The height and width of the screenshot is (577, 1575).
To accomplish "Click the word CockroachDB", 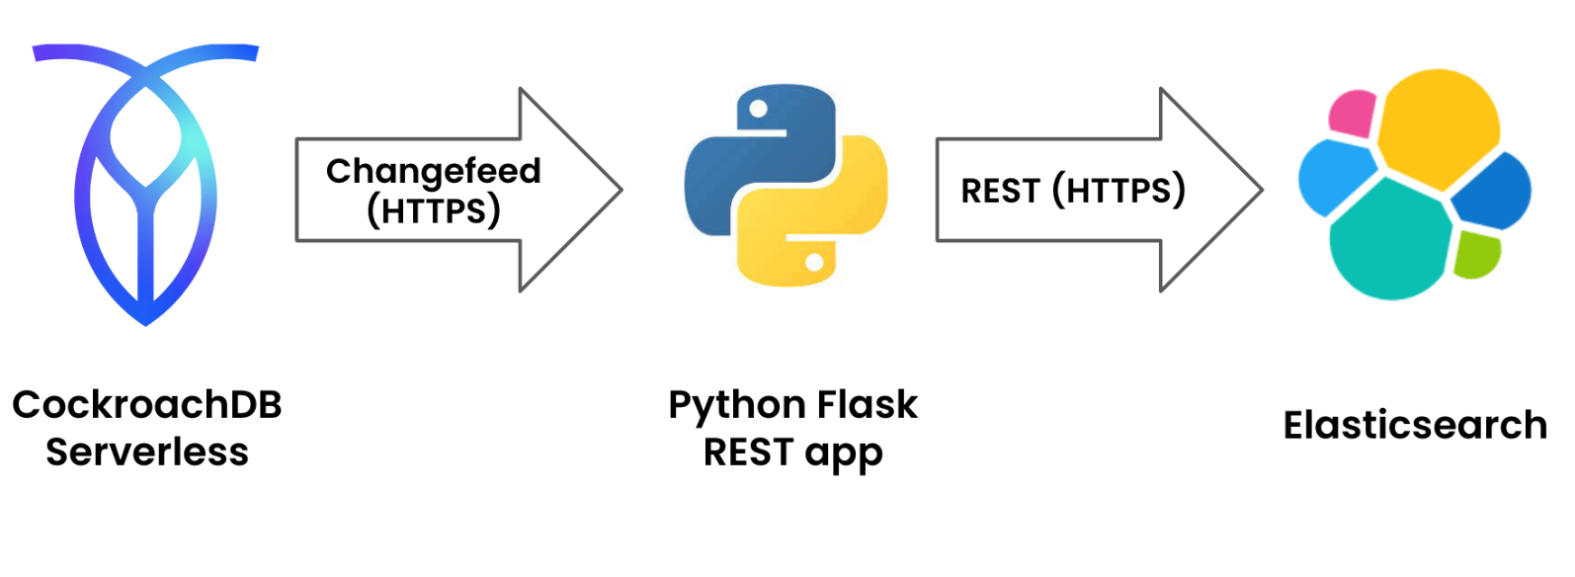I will pyautogui.click(x=147, y=405).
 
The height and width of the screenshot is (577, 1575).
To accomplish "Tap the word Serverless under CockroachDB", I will pyautogui.click(x=147, y=453).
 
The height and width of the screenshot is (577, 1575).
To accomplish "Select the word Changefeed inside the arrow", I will pyautogui.click(x=433, y=171).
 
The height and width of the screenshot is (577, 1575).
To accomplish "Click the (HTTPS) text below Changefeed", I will pyautogui.click(x=433, y=210).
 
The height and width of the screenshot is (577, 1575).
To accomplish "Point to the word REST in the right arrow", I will pyautogui.click(x=1000, y=191).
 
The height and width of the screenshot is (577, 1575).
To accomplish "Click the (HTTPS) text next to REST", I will pyautogui.click(x=1119, y=191).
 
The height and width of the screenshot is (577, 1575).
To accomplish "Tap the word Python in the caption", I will pyautogui.click(x=736, y=405).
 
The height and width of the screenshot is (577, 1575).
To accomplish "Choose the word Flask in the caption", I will pyautogui.click(x=868, y=405).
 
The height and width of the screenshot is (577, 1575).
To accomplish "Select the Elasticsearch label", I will pyautogui.click(x=1415, y=426).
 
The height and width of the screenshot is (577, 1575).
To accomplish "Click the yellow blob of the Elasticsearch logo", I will pyautogui.click(x=1438, y=124).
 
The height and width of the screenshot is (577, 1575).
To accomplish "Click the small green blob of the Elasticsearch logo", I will pyautogui.click(x=1477, y=255).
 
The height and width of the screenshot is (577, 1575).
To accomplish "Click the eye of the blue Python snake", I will pyautogui.click(x=759, y=109).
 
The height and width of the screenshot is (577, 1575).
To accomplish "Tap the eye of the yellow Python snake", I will pyautogui.click(x=814, y=263).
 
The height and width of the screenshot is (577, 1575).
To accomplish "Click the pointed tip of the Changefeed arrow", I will pyautogui.click(x=620, y=190).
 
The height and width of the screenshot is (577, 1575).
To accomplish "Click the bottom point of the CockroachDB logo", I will pyautogui.click(x=145, y=323).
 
